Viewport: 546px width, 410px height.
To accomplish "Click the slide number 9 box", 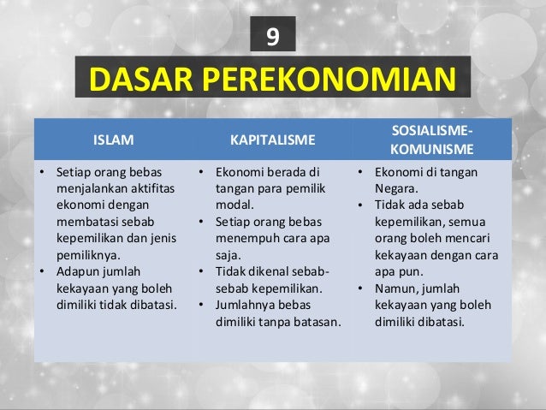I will (x=273, y=36).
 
